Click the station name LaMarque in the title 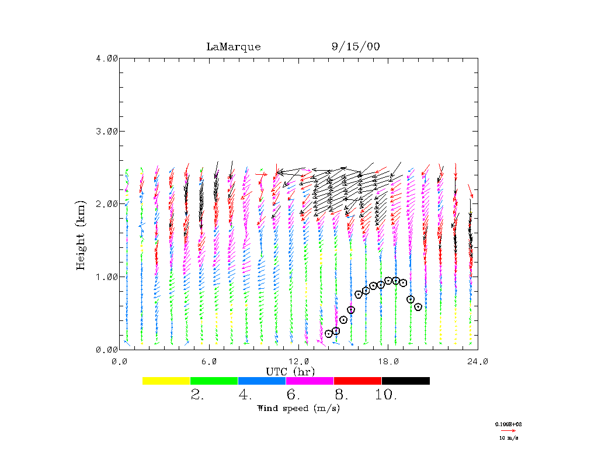pyautogui.click(x=233, y=47)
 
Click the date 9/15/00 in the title pyautogui.click(x=355, y=47)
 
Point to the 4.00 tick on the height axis pyautogui.click(x=107, y=58)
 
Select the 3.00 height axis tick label pyautogui.click(x=107, y=131)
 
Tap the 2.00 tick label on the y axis pyautogui.click(x=107, y=203)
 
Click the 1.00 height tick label pyautogui.click(x=107, y=277)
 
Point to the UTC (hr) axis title pyautogui.click(x=290, y=371)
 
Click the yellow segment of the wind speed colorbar pyautogui.click(x=166, y=381)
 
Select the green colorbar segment pyautogui.click(x=214, y=381)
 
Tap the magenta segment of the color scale pyautogui.click(x=310, y=381)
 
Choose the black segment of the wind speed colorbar pyautogui.click(x=405, y=381)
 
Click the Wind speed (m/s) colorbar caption pyautogui.click(x=298, y=408)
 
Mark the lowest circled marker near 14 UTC pyautogui.click(x=329, y=334)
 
